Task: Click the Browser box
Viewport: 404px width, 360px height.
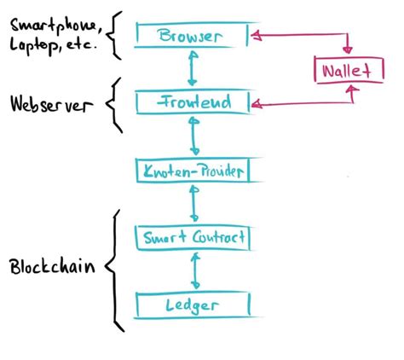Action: pyautogui.click(x=192, y=36)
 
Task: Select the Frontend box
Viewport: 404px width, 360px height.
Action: pyautogui.click(x=192, y=102)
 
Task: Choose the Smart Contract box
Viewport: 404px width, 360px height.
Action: pyautogui.click(x=195, y=237)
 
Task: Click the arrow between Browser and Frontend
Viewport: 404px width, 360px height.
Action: pyautogui.click(x=195, y=69)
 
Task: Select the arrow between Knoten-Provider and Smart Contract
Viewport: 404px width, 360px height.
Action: pyautogui.click(x=195, y=204)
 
